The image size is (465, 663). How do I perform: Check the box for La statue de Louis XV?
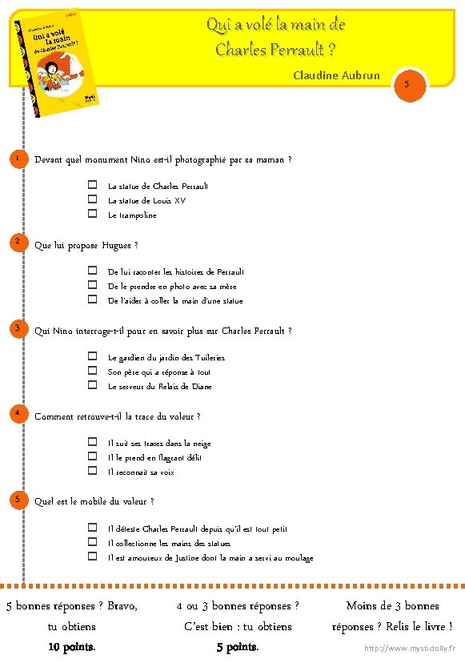coord(92,199)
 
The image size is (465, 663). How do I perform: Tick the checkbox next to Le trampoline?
coord(92,214)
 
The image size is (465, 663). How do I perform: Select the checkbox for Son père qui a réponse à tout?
coord(92,371)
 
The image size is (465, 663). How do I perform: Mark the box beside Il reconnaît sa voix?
coord(92,471)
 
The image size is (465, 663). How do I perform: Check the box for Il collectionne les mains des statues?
coord(92,541)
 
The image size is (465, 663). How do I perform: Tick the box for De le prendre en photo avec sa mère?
coord(92,285)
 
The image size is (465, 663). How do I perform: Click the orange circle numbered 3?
coord(18,329)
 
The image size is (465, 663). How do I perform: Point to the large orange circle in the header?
coord(409,85)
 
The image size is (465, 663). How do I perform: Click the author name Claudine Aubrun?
coord(336,75)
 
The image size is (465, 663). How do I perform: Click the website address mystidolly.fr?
coord(410,649)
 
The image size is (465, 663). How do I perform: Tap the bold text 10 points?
coord(72,647)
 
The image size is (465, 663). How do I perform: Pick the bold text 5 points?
coord(238,647)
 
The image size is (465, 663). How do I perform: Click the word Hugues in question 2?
coord(116,246)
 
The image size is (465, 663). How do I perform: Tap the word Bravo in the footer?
coord(122,606)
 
